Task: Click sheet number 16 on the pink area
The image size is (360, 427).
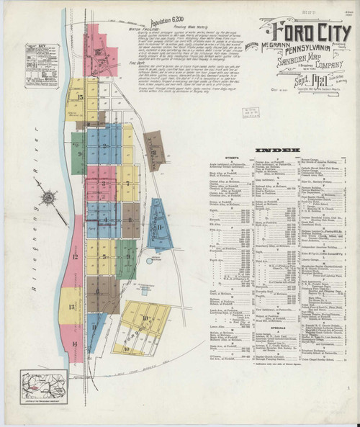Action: pos(99,52)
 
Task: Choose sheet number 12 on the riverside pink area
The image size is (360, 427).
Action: pos(74,256)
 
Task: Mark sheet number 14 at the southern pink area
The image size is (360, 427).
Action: pos(74,344)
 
